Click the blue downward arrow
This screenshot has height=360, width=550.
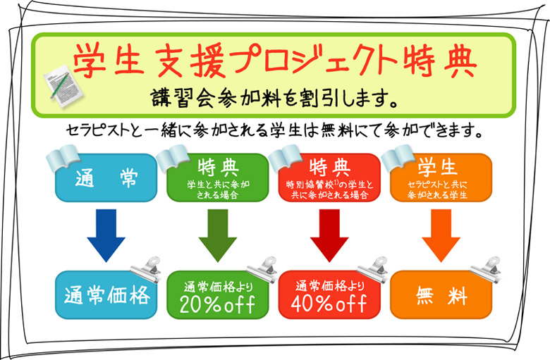pos(106,235)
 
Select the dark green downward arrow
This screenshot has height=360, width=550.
pos(218,235)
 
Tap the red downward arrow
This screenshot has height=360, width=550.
pos(329,235)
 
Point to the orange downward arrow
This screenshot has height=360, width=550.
pos(441,235)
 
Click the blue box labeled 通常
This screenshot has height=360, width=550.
pos(106,178)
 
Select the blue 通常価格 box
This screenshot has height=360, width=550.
pos(106,294)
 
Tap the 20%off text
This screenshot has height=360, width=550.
pos(217,304)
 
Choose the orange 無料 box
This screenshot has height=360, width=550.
pos(441,294)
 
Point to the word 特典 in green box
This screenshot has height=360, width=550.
pos(218,167)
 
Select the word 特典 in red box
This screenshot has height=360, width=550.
pos(330,167)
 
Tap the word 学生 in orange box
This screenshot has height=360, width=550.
pos(437,167)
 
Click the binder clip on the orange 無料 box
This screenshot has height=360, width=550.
pos(486,268)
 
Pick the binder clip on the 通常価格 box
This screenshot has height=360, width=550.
pos(146,268)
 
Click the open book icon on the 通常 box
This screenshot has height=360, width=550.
pos(63,158)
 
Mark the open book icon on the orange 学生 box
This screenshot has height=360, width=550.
pos(398,158)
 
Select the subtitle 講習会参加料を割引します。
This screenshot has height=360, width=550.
pos(275,98)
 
